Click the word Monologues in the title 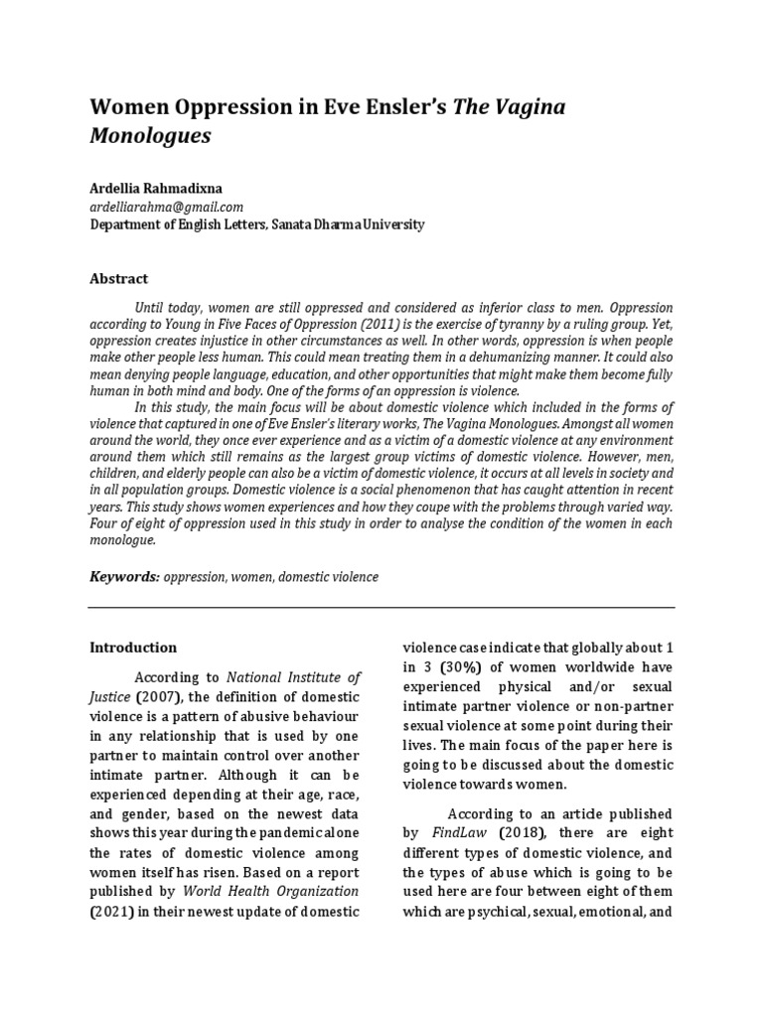coord(150,136)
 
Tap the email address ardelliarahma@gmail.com coord(166,207)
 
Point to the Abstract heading coord(119,279)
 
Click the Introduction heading coord(133,648)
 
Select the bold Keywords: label coord(124,576)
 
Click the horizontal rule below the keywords coord(381,608)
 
